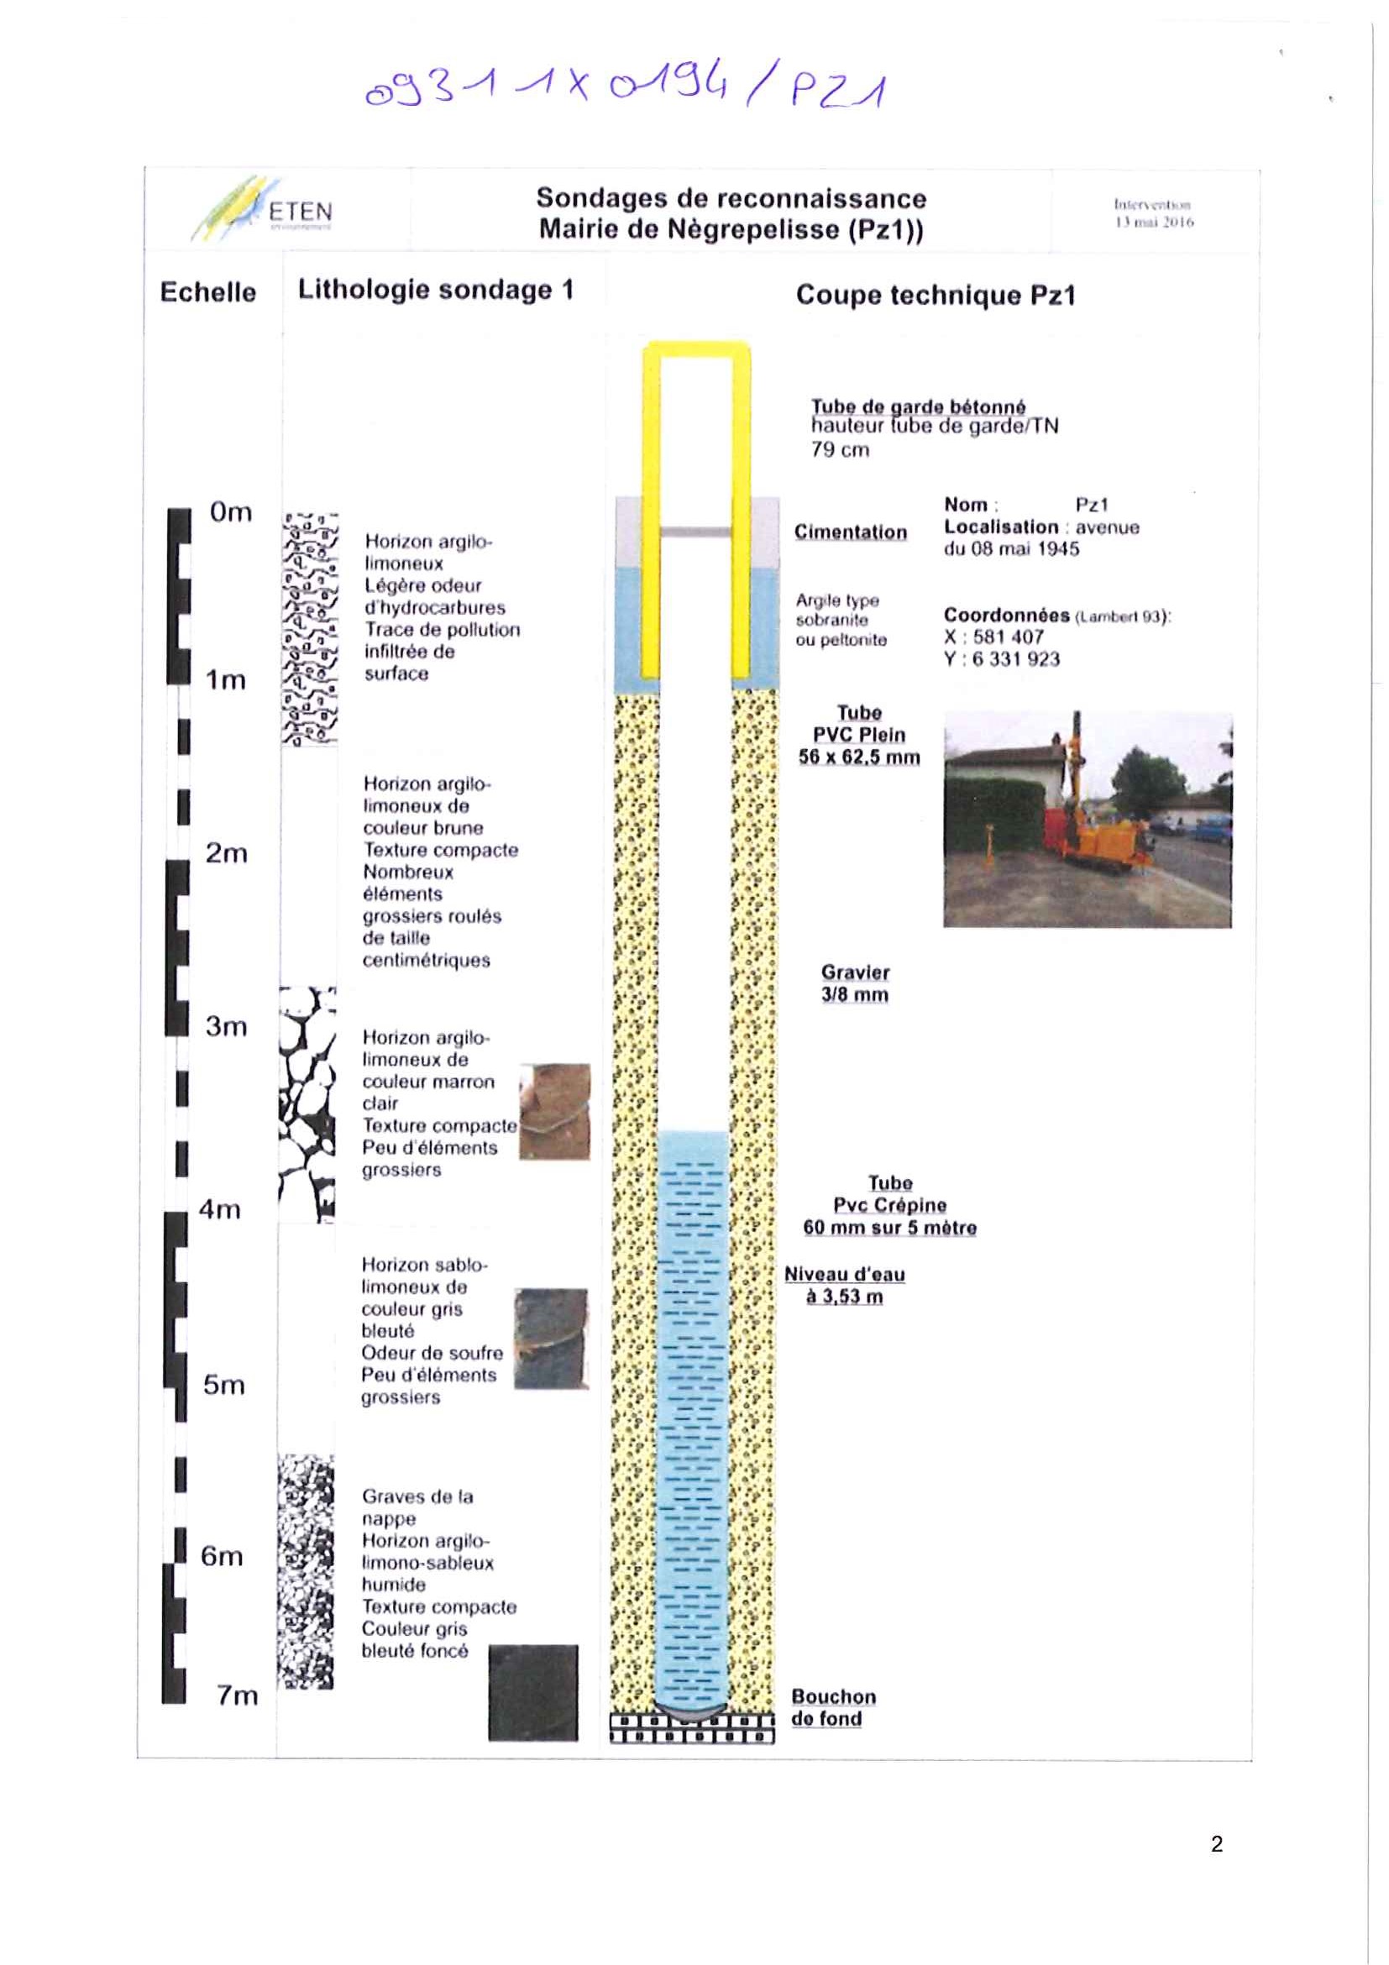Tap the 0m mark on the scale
[230, 511]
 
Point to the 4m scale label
[220, 1209]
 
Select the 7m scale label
[237, 1695]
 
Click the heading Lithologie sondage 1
[435, 289]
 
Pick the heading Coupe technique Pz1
[935, 296]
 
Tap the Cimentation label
[850, 532]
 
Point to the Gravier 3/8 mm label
[855, 983]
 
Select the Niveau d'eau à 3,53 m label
[844, 1286]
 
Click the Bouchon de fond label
[833, 1707]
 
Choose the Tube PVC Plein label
[858, 734]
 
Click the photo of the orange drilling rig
[1087, 819]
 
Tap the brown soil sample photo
[554, 1111]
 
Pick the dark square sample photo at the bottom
[532, 1692]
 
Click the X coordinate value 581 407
[1007, 637]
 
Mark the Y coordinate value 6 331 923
[1015, 659]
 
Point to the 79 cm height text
[840, 449]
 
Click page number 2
[1216, 1843]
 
